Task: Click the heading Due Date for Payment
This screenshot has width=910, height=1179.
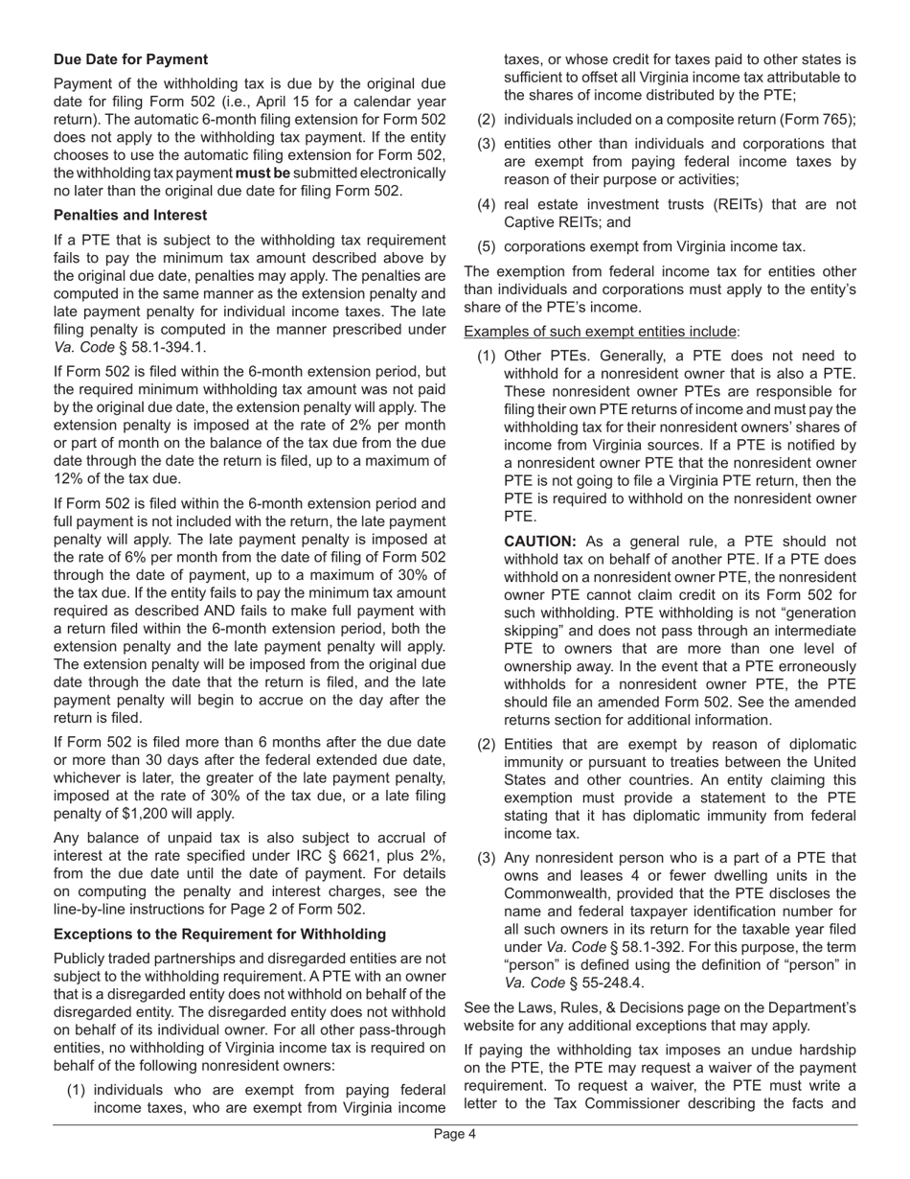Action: coord(130,59)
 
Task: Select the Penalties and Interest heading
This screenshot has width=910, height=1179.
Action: coord(130,215)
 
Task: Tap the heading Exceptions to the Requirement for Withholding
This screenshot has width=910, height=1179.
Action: coord(219,934)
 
